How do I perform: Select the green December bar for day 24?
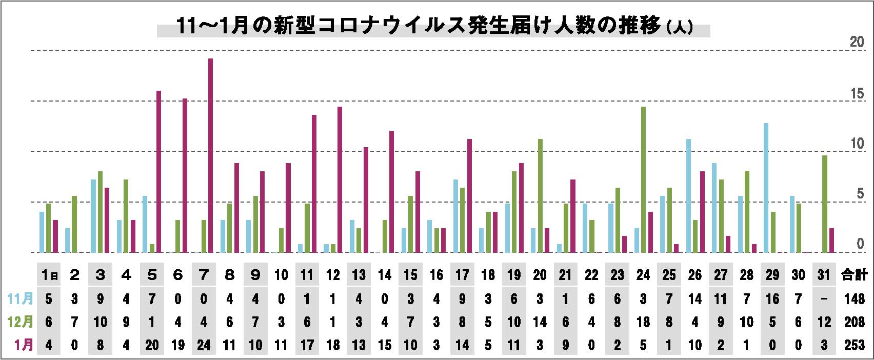click(x=644, y=179)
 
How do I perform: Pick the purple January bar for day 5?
click(x=158, y=171)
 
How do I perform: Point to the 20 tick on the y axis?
click(x=857, y=43)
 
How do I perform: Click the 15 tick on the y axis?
click(x=857, y=94)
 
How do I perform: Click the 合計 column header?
click(x=855, y=275)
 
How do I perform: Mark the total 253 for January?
click(x=855, y=345)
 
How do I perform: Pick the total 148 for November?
click(x=855, y=299)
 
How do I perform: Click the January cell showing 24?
click(x=204, y=345)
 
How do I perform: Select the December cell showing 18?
click(x=643, y=322)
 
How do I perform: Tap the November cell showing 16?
click(x=772, y=299)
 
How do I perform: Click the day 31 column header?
click(x=824, y=275)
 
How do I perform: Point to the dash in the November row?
click(x=824, y=299)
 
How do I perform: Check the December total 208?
click(x=855, y=322)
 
